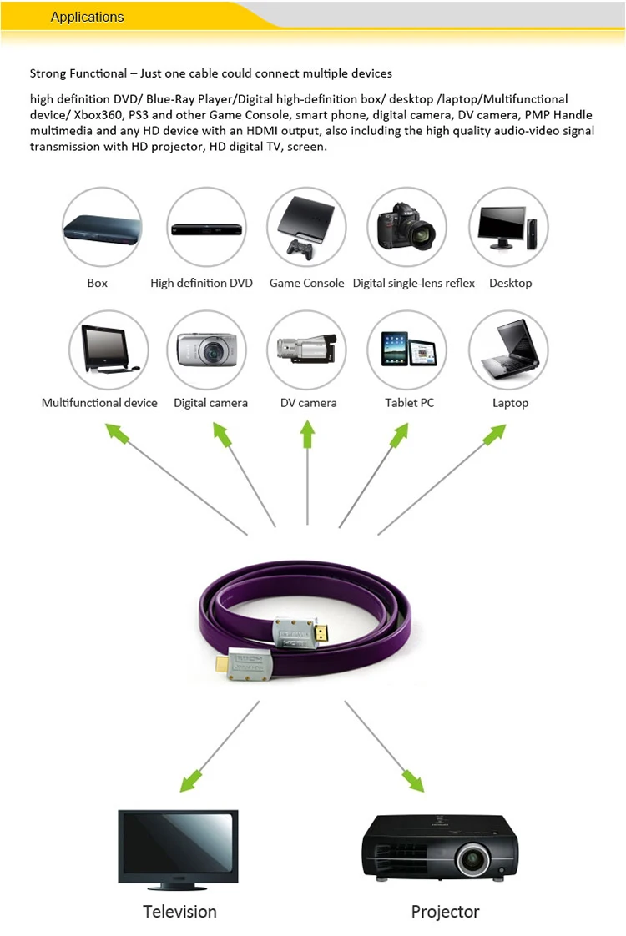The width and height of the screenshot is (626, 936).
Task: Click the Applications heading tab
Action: [x=87, y=17]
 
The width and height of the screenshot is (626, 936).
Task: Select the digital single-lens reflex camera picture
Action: [x=407, y=227]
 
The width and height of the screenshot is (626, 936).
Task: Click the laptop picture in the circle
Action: [x=508, y=348]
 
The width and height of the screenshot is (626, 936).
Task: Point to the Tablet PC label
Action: [x=409, y=403]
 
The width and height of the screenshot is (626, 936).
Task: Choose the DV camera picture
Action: [x=306, y=348]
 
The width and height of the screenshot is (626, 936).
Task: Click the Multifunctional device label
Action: [x=99, y=403]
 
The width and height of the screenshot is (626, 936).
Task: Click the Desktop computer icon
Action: [x=508, y=226]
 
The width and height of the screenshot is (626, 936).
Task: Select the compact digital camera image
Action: [x=207, y=348]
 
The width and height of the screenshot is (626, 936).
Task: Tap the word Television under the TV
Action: [x=179, y=911]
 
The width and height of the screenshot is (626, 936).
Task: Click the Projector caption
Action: [x=445, y=911]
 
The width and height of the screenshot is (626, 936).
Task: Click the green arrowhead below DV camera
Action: [x=308, y=435]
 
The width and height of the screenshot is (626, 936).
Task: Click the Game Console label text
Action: [x=306, y=284]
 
